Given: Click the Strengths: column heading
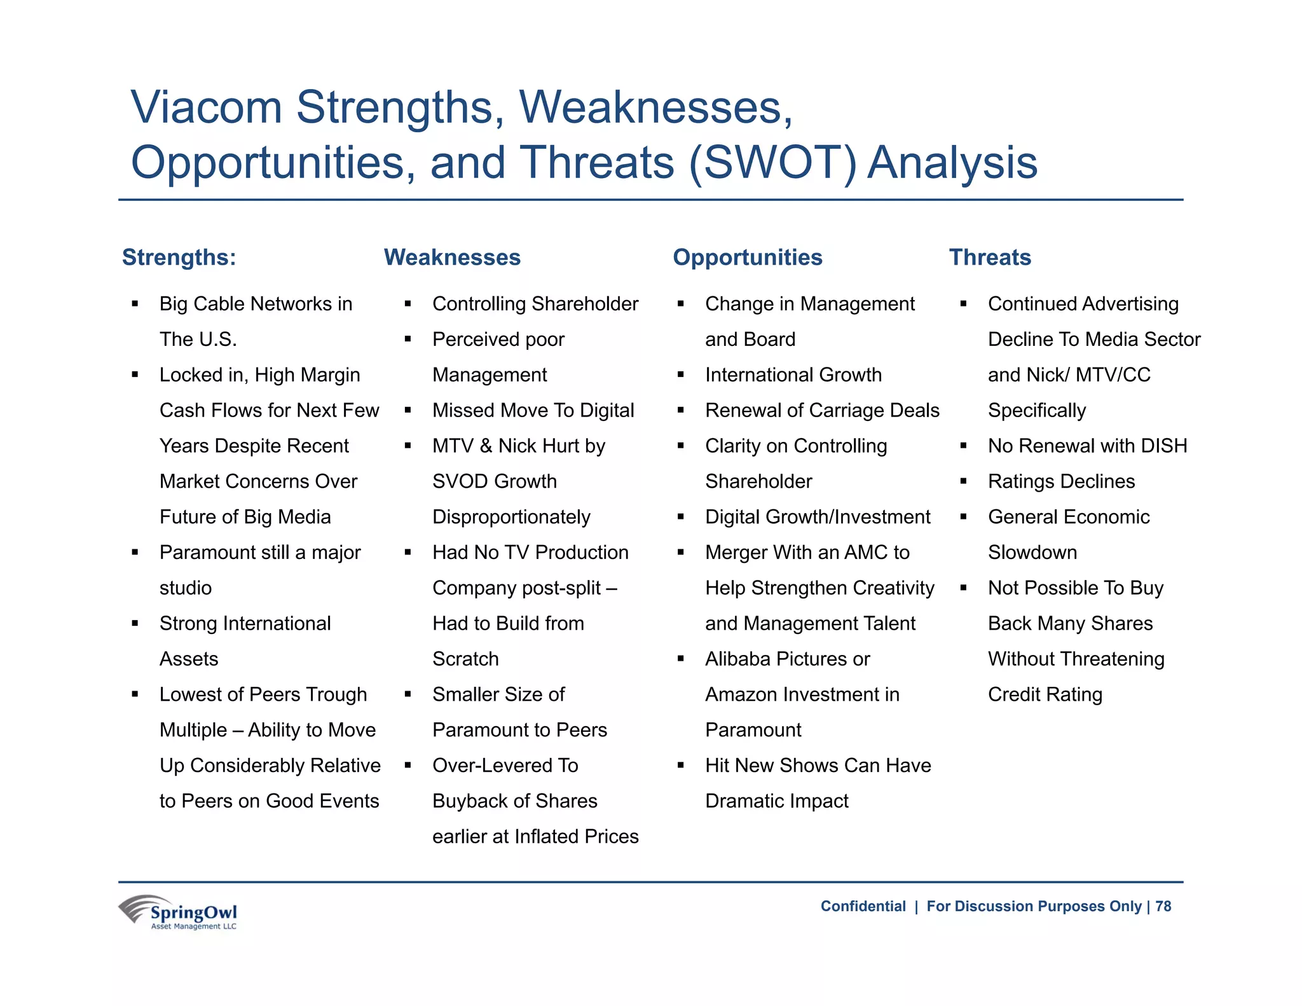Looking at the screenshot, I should point(179,258).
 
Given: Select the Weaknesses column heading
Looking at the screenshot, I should point(452,258).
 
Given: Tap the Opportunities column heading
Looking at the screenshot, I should point(747,258).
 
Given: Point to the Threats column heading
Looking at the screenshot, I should point(990,258).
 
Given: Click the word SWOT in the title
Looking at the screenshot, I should point(772,163).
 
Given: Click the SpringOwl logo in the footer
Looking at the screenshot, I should point(179,913).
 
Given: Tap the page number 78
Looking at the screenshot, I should point(1163,906).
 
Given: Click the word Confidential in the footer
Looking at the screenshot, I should point(863,906).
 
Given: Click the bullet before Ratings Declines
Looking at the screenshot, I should point(963,481).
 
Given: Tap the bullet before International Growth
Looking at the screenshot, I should point(680,375).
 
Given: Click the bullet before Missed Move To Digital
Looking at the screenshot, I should point(408,411).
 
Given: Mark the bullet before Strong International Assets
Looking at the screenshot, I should point(135,624).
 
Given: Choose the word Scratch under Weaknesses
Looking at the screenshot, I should point(465,659).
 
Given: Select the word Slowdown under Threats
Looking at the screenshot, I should point(1032,553).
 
